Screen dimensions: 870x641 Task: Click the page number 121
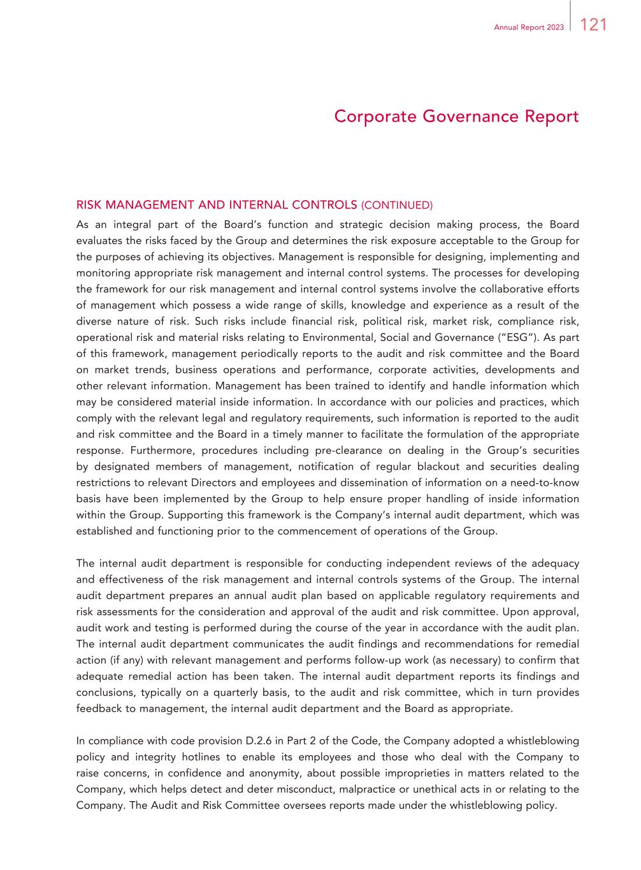593,25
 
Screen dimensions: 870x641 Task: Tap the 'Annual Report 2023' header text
529,27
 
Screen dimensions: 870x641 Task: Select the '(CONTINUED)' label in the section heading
396,205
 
